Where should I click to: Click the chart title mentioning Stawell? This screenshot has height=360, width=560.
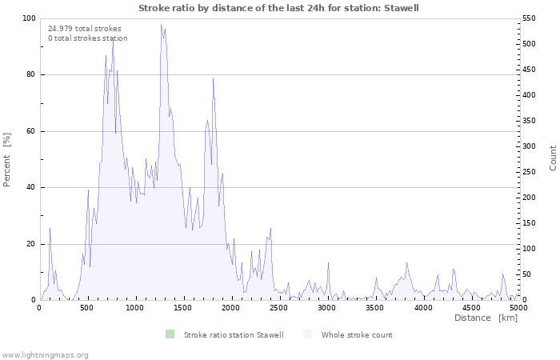click(278, 8)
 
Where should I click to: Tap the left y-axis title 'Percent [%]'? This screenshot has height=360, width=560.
click(7, 159)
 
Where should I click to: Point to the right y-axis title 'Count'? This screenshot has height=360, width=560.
click(553, 158)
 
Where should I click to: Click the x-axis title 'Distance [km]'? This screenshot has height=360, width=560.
click(486, 318)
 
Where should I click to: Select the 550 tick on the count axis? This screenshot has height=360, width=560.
click(530, 18)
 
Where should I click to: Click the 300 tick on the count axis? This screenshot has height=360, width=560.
click(530, 146)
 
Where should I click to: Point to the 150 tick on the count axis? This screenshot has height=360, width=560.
click(530, 223)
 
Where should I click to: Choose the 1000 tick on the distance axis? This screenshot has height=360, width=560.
click(135, 307)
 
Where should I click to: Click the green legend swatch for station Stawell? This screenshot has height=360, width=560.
click(170, 334)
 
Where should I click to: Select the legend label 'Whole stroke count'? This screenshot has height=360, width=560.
click(357, 334)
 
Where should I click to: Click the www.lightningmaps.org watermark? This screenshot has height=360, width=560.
click(45, 354)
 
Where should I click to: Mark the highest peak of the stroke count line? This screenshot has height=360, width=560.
click(161, 25)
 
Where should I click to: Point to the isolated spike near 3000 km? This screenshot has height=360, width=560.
click(328, 263)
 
